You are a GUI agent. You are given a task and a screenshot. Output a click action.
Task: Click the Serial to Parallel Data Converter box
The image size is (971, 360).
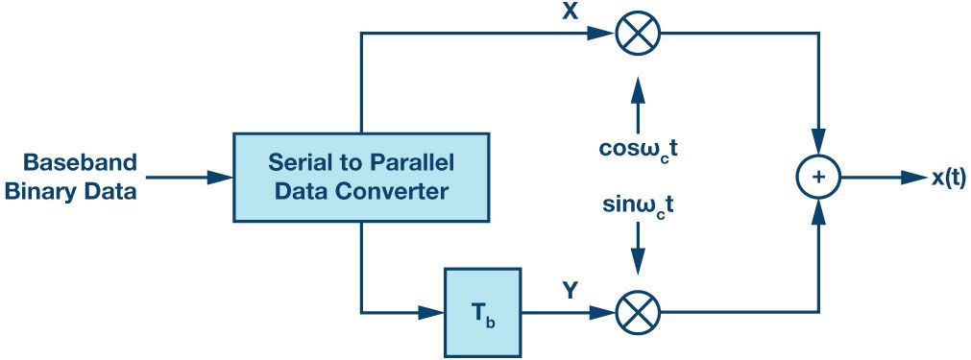click(360, 177)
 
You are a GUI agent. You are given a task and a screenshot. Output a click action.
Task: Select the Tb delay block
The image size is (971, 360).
click(483, 313)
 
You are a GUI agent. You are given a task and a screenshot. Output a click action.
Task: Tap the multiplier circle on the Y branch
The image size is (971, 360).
click(639, 312)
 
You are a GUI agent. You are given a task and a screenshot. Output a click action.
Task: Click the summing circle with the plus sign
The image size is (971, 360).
click(818, 178)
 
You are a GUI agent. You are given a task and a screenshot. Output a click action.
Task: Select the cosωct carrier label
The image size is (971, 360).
click(638, 151)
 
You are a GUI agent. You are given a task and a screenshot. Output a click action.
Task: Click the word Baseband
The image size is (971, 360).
click(80, 163)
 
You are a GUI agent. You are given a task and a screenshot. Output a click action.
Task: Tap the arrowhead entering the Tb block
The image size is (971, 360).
click(431, 313)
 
